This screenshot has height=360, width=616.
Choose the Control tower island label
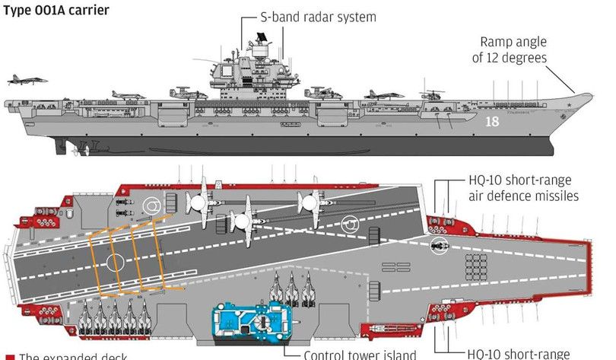pos(360,354)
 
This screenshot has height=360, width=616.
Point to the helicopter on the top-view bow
pos(437,245)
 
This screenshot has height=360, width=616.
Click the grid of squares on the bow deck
pos(475,266)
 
